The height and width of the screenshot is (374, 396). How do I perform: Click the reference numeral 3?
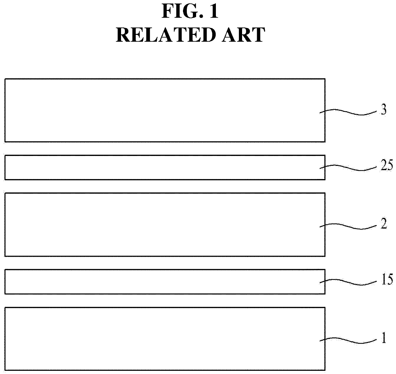pos(383,110)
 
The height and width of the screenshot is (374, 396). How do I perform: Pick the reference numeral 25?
pos(386,166)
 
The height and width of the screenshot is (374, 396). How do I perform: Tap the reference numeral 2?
pos(384,224)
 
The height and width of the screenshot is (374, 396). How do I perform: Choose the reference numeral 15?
pos(386,280)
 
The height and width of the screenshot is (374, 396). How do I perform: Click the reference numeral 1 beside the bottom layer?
pos(384,338)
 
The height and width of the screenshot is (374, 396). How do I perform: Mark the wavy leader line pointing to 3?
pos(348,112)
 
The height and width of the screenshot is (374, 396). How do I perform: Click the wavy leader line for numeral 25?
pos(348,168)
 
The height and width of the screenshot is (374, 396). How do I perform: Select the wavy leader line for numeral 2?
pos(348,226)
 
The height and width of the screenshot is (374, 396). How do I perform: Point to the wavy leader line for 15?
pos(348,282)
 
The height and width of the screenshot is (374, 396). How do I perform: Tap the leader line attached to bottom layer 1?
pos(348,341)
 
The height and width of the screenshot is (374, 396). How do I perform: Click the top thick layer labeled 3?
pos(160,110)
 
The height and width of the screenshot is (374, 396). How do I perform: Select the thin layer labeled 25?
pos(160,167)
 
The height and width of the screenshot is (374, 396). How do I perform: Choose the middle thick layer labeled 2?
pos(160,224)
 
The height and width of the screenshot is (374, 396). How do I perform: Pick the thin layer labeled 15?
pos(160,282)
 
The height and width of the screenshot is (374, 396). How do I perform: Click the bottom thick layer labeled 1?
pos(160,339)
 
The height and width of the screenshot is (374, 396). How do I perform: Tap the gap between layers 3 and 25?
pos(160,149)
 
